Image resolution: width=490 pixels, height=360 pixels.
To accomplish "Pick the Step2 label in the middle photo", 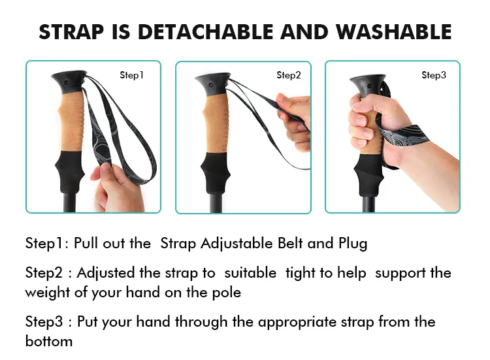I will point(288,76).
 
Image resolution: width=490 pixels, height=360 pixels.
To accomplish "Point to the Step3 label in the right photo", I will point(434,76).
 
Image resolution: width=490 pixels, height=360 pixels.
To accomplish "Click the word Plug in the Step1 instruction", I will point(352,244).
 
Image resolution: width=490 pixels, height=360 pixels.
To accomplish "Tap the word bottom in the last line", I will point(49,341).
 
